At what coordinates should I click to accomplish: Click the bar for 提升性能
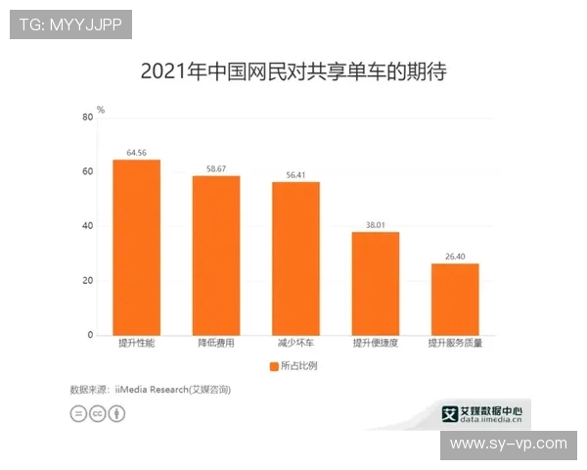click(136, 247)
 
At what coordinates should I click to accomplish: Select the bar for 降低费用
click(215, 255)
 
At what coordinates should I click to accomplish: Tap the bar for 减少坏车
click(295, 258)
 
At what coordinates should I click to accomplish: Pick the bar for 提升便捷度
click(376, 283)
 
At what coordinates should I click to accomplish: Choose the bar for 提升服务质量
click(455, 299)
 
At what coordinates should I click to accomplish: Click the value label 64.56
click(136, 153)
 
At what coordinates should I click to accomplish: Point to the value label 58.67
click(215, 168)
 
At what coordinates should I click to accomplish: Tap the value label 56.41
click(295, 175)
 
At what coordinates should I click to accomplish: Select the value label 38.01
click(376, 225)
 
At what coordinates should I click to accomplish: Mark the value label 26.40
click(455, 257)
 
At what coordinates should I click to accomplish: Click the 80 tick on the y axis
click(88, 117)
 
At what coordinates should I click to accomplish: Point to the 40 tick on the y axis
click(88, 226)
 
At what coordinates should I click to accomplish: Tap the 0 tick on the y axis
click(91, 335)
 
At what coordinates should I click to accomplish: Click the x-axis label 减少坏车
click(295, 345)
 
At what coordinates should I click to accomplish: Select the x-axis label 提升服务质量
click(455, 345)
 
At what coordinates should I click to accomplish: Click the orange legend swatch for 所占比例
click(272, 366)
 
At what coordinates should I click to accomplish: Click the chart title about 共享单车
click(293, 71)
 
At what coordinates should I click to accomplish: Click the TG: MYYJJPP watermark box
click(70, 24)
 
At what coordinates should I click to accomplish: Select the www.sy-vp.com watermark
click(508, 444)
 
